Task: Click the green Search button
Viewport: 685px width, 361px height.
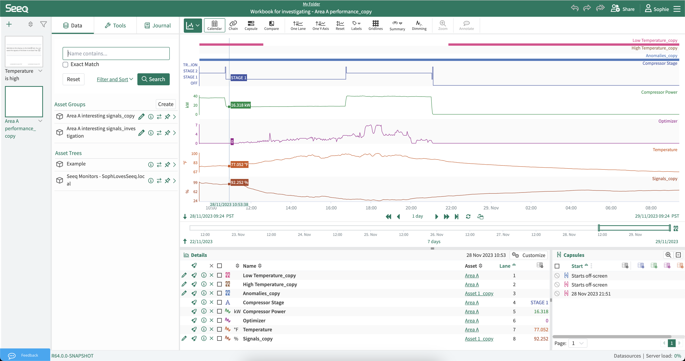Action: [153, 79]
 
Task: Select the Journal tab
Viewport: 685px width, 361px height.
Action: [158, 26]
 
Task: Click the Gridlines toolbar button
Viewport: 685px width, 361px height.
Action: [375, 25]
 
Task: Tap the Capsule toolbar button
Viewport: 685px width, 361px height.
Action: [251, 25]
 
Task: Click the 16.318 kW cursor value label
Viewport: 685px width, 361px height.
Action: [240, 105]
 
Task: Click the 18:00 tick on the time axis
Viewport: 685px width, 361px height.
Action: [371, 208]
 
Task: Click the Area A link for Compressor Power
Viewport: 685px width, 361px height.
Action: [472, 311]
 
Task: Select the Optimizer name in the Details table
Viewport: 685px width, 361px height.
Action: [254, 321]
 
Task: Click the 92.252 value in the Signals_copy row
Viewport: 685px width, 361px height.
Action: [541, 339]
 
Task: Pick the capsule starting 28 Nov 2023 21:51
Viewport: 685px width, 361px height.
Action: [591, 294]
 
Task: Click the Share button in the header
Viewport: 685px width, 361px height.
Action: [623, 9]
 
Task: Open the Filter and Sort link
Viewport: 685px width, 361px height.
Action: [115, 79]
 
